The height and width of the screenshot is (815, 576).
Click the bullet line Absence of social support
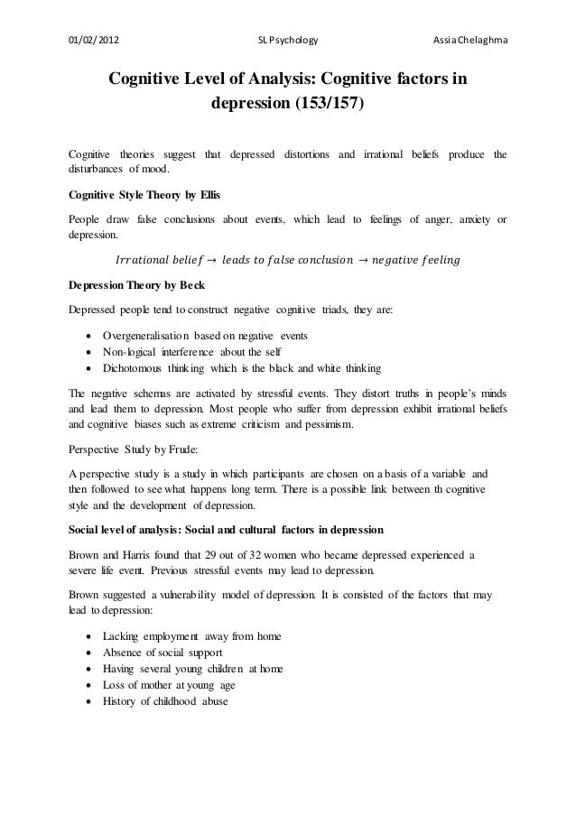163,653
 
